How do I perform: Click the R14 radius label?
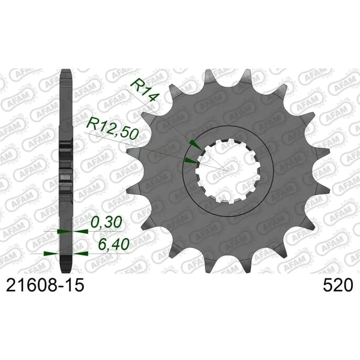[x=145, y=90]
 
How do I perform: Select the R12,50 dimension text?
[x=113, y=128]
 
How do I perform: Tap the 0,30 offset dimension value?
[x=106, y=222]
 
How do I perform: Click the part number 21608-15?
[x=45, y=285]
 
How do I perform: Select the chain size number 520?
[x=338, y=285]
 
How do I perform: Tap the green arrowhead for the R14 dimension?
[x=195, y=145]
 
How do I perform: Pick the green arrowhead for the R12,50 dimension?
[x=191, y=160]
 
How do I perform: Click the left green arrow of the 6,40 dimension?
[x=51, y=254]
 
